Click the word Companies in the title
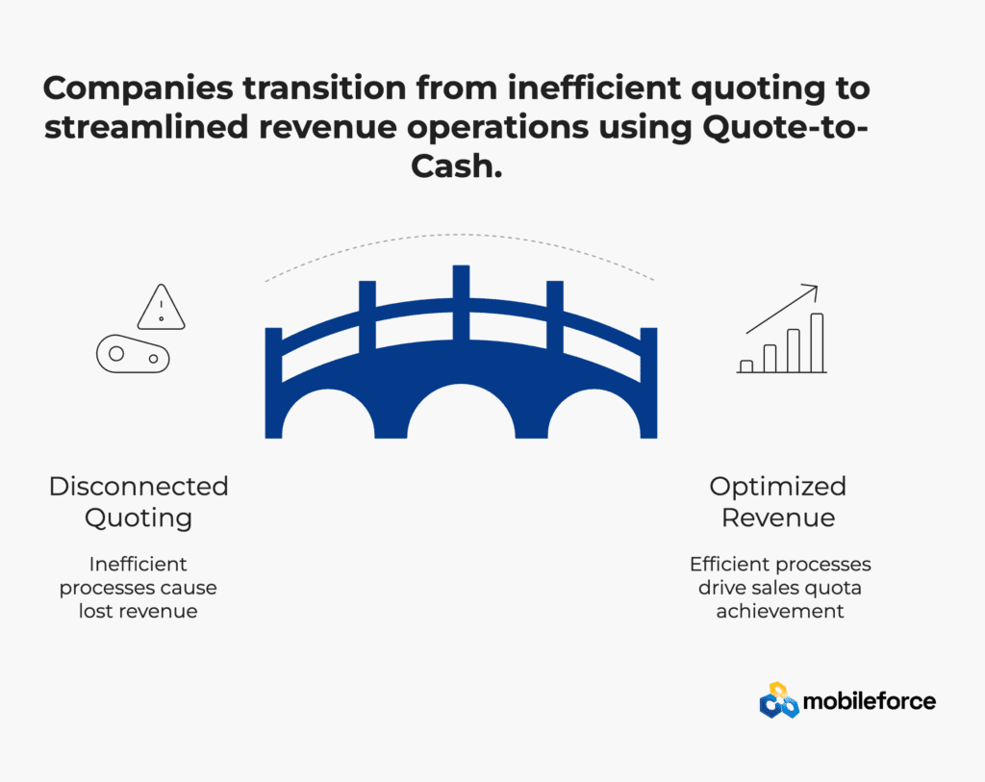[x=139, y=88]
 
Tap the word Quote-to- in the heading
[x=785, y=127]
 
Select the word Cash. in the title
[x=457, y=166]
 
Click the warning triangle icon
[x=162, y=307]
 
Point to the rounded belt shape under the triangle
[x=133, y=354]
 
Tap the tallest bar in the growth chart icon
[x=817, y=343]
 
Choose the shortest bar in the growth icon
[x=746, y=366]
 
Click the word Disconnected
[x=139, y=487]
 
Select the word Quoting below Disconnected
[x=139, y=518]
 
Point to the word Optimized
[x=778, y=488]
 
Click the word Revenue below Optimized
[x=778, y=518]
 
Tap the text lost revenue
[x=139, y=611]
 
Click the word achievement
[x=780, y=611]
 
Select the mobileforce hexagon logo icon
[x=779, y=700]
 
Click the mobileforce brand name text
[x=870, y=701]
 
